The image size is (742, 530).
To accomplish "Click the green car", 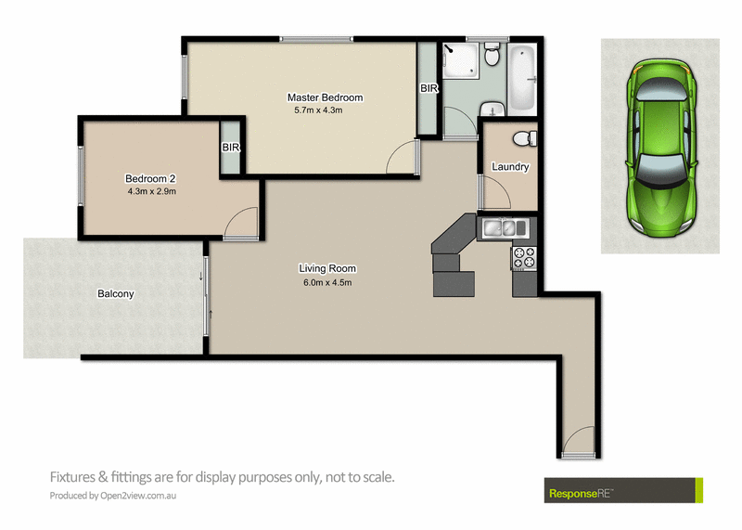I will pyautogui.click(x=659, y=146).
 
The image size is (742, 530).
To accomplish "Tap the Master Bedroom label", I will pyautogui.click(x=325, y=97).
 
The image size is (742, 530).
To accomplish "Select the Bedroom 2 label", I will pyautogui.click(x=150, y=179).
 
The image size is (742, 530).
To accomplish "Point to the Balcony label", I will pyautogui.click(x=116, y=294).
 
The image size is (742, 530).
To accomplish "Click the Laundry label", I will pyautogui.click(x=510, y=167).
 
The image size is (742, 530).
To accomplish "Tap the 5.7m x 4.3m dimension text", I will pyautogui.click(x=318, y=110).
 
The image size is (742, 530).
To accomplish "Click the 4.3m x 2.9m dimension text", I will pyautogui.click(x=151, y=192).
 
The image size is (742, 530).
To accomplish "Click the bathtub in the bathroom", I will pyautogui.click(x=525, y=78).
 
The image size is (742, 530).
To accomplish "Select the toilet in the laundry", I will pyautogui.click(x=524, y=138).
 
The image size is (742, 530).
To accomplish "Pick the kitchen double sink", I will pyautogui.click(x=502, y=226).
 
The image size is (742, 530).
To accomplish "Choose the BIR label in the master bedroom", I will pyautogui.click(x=429, y=89).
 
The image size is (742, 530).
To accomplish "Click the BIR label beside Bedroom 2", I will pyautogui.click(x=231, y=147).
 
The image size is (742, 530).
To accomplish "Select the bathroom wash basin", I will pyautogui.click(x=492, y=110).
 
